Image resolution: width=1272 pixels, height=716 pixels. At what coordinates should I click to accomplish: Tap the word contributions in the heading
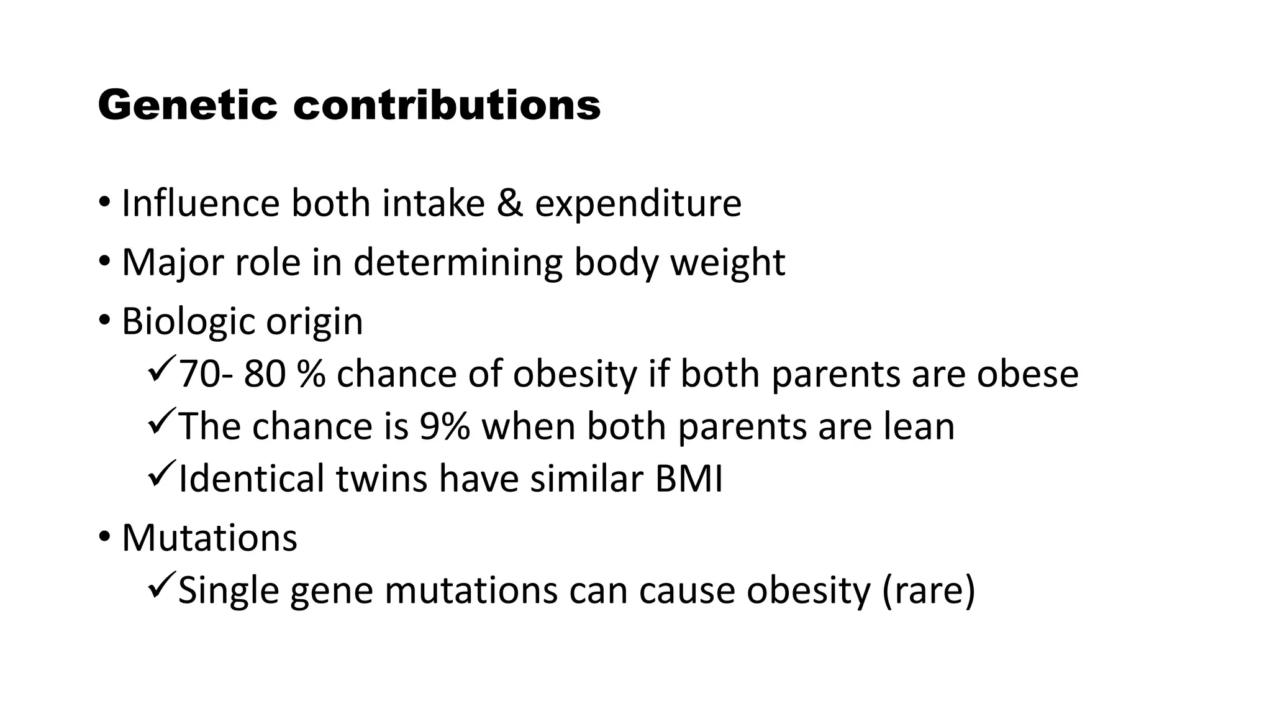click(447, 106)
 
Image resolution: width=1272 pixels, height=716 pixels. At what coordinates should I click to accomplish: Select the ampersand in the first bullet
click(509, 203)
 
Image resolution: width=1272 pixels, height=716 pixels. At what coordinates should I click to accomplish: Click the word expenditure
click(638, 204)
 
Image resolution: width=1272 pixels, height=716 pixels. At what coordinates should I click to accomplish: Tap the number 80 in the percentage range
click(265, 374)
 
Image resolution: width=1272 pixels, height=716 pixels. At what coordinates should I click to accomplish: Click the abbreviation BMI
click(688, 479)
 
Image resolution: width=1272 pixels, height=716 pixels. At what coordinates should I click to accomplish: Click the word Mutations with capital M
click(209, 538)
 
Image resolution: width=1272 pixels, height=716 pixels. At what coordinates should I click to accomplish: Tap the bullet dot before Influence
click(104, 203)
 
